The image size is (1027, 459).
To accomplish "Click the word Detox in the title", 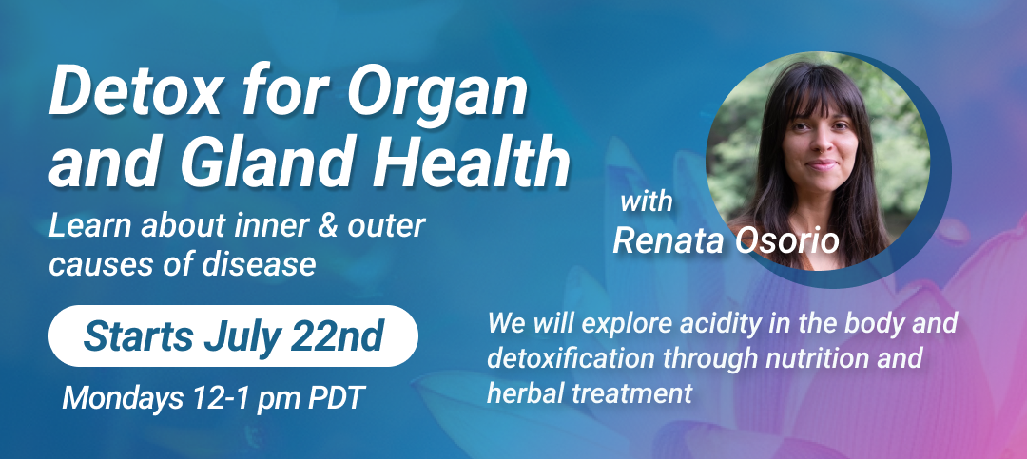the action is (x=129, y=92).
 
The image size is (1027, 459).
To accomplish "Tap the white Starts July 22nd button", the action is (x=233, y=335).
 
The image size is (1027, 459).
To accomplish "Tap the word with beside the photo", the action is (x=646, y=201).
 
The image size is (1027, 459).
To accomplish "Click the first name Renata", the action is (x=669, y=241).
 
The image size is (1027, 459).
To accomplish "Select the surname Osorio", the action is (x=786, y=241).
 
